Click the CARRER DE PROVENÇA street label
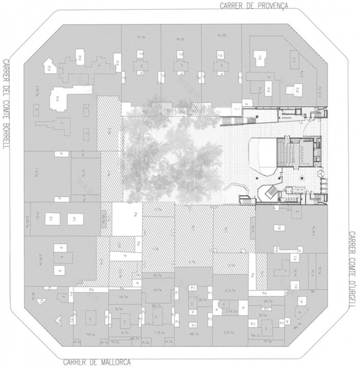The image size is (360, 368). click(x=254, y=6)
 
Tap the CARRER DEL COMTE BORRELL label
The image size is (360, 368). click(x=6, y=103)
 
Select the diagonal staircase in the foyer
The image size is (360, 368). click(x=270, y=191)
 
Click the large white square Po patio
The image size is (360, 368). click(x=127, y=219)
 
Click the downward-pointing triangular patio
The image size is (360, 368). click(x=41, y=301)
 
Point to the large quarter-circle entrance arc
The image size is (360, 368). click(x=313, y=123)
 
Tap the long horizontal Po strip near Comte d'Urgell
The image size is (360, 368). click(x=264, y=293)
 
